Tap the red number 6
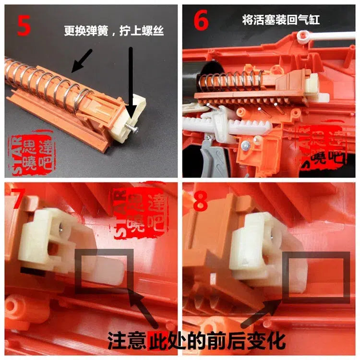pyautogui.click(x=202, y=22)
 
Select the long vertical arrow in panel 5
pyautogui.click(x=130, y=79)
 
